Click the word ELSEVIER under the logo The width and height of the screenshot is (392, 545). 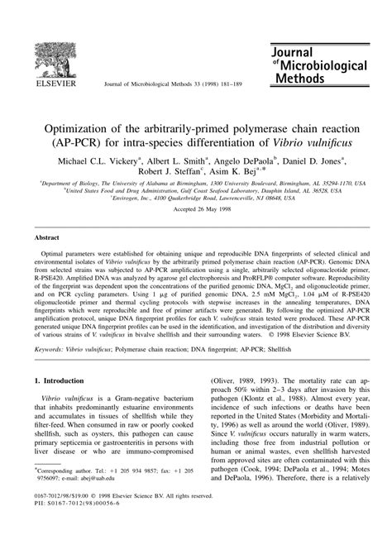[x=48, y=83]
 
